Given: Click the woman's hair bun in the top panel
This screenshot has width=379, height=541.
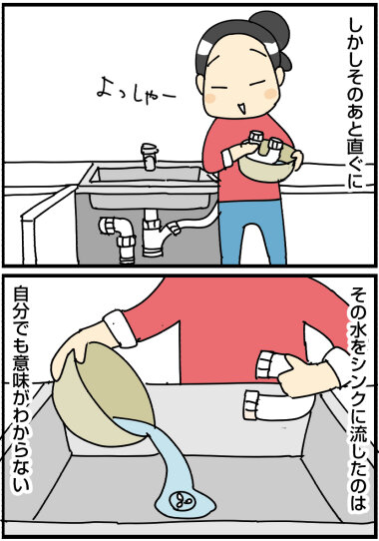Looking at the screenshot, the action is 270,26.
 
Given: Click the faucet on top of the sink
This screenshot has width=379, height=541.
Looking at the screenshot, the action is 150,157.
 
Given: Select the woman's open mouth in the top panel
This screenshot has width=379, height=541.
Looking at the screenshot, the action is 242,107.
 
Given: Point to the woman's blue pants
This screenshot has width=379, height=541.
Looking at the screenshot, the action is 252,233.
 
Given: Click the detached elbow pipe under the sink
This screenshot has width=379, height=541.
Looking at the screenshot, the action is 119,239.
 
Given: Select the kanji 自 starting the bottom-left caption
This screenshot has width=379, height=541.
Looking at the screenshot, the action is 21,297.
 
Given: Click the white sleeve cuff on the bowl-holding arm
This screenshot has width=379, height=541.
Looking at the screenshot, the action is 121,328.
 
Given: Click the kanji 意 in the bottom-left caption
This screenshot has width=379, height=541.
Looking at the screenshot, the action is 21,358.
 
